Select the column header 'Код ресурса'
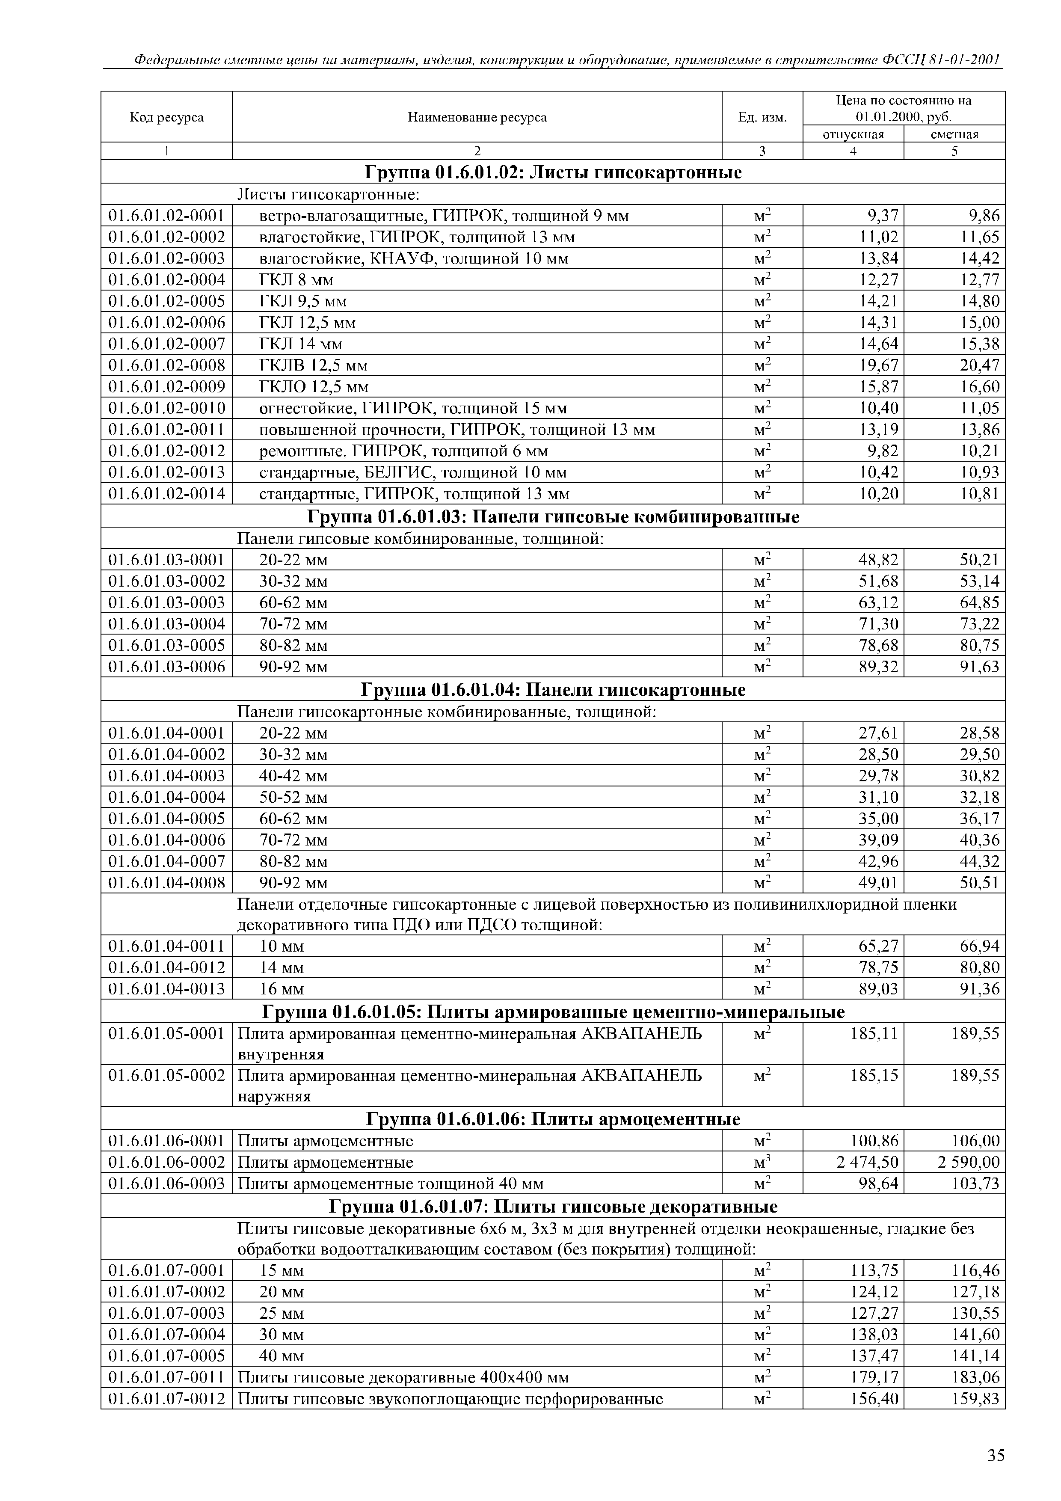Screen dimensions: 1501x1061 pos(167,118)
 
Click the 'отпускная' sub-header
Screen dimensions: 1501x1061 pos(853,135)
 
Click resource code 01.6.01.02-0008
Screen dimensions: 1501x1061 pos(167,365)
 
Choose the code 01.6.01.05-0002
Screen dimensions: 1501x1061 pos(167,1075)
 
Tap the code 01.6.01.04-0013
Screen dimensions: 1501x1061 pos(167,989)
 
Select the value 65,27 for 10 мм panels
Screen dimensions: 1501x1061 pos(878,946)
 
